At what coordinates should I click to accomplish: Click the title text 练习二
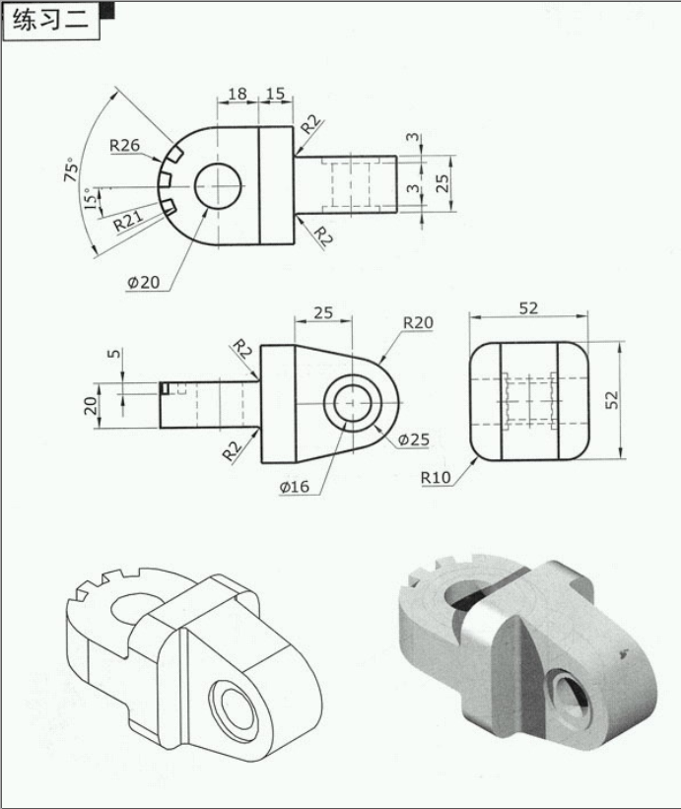coord(50,21)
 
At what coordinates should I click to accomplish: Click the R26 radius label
coord(124,146)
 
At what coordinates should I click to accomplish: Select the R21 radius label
coord(128,222)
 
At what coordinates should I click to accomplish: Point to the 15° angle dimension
coord(90,198)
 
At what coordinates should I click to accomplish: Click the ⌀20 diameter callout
coord(144,282)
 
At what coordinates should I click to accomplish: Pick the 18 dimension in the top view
coord(238,94)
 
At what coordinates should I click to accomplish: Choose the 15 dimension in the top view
coord(275,94)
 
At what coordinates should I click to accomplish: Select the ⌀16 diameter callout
coord(295,487)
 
